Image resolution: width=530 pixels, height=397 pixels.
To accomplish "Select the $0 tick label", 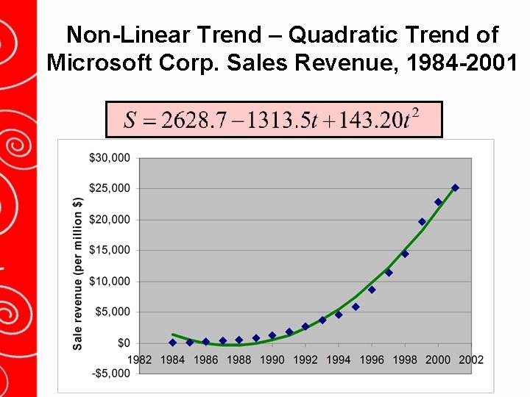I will pyautogui.click(x=123, y=343).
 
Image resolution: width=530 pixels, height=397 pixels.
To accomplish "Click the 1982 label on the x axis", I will pyautogui.click(x=140, y=360).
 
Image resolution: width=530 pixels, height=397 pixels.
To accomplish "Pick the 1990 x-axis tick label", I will pyautogui.click(x=272, y=360).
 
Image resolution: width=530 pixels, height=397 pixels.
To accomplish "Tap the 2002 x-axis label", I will pyautogui.click(x=472, y=360).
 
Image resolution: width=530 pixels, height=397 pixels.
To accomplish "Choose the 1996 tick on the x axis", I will pyautogui.click(x=372, y=360).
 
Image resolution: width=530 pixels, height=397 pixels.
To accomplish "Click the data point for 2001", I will pyautogui.click(x=455, y=187).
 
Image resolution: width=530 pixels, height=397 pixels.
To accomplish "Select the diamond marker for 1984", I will pyautogui.click(x=173, y=343).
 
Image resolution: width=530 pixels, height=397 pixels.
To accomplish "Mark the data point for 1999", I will pyautogui.click(x=422, y=221).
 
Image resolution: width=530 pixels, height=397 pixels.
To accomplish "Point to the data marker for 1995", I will pyautogui.click(x=356, y=307).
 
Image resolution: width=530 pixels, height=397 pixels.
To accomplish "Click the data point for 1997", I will pyautogui.click(x=389, y=272).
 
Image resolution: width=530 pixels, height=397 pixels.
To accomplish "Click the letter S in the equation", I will pyautogui.click(x=130, y=120).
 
